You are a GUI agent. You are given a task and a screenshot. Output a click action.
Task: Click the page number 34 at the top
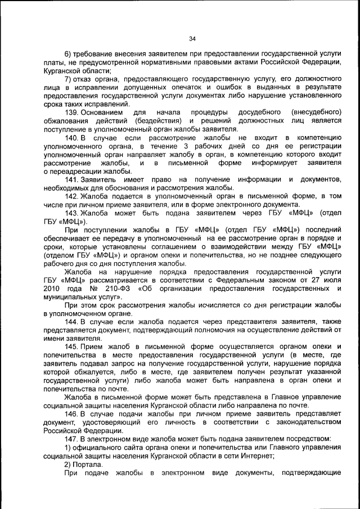[x=191, y=39]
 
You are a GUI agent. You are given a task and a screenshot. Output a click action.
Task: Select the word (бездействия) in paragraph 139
[x=157, y=121]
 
